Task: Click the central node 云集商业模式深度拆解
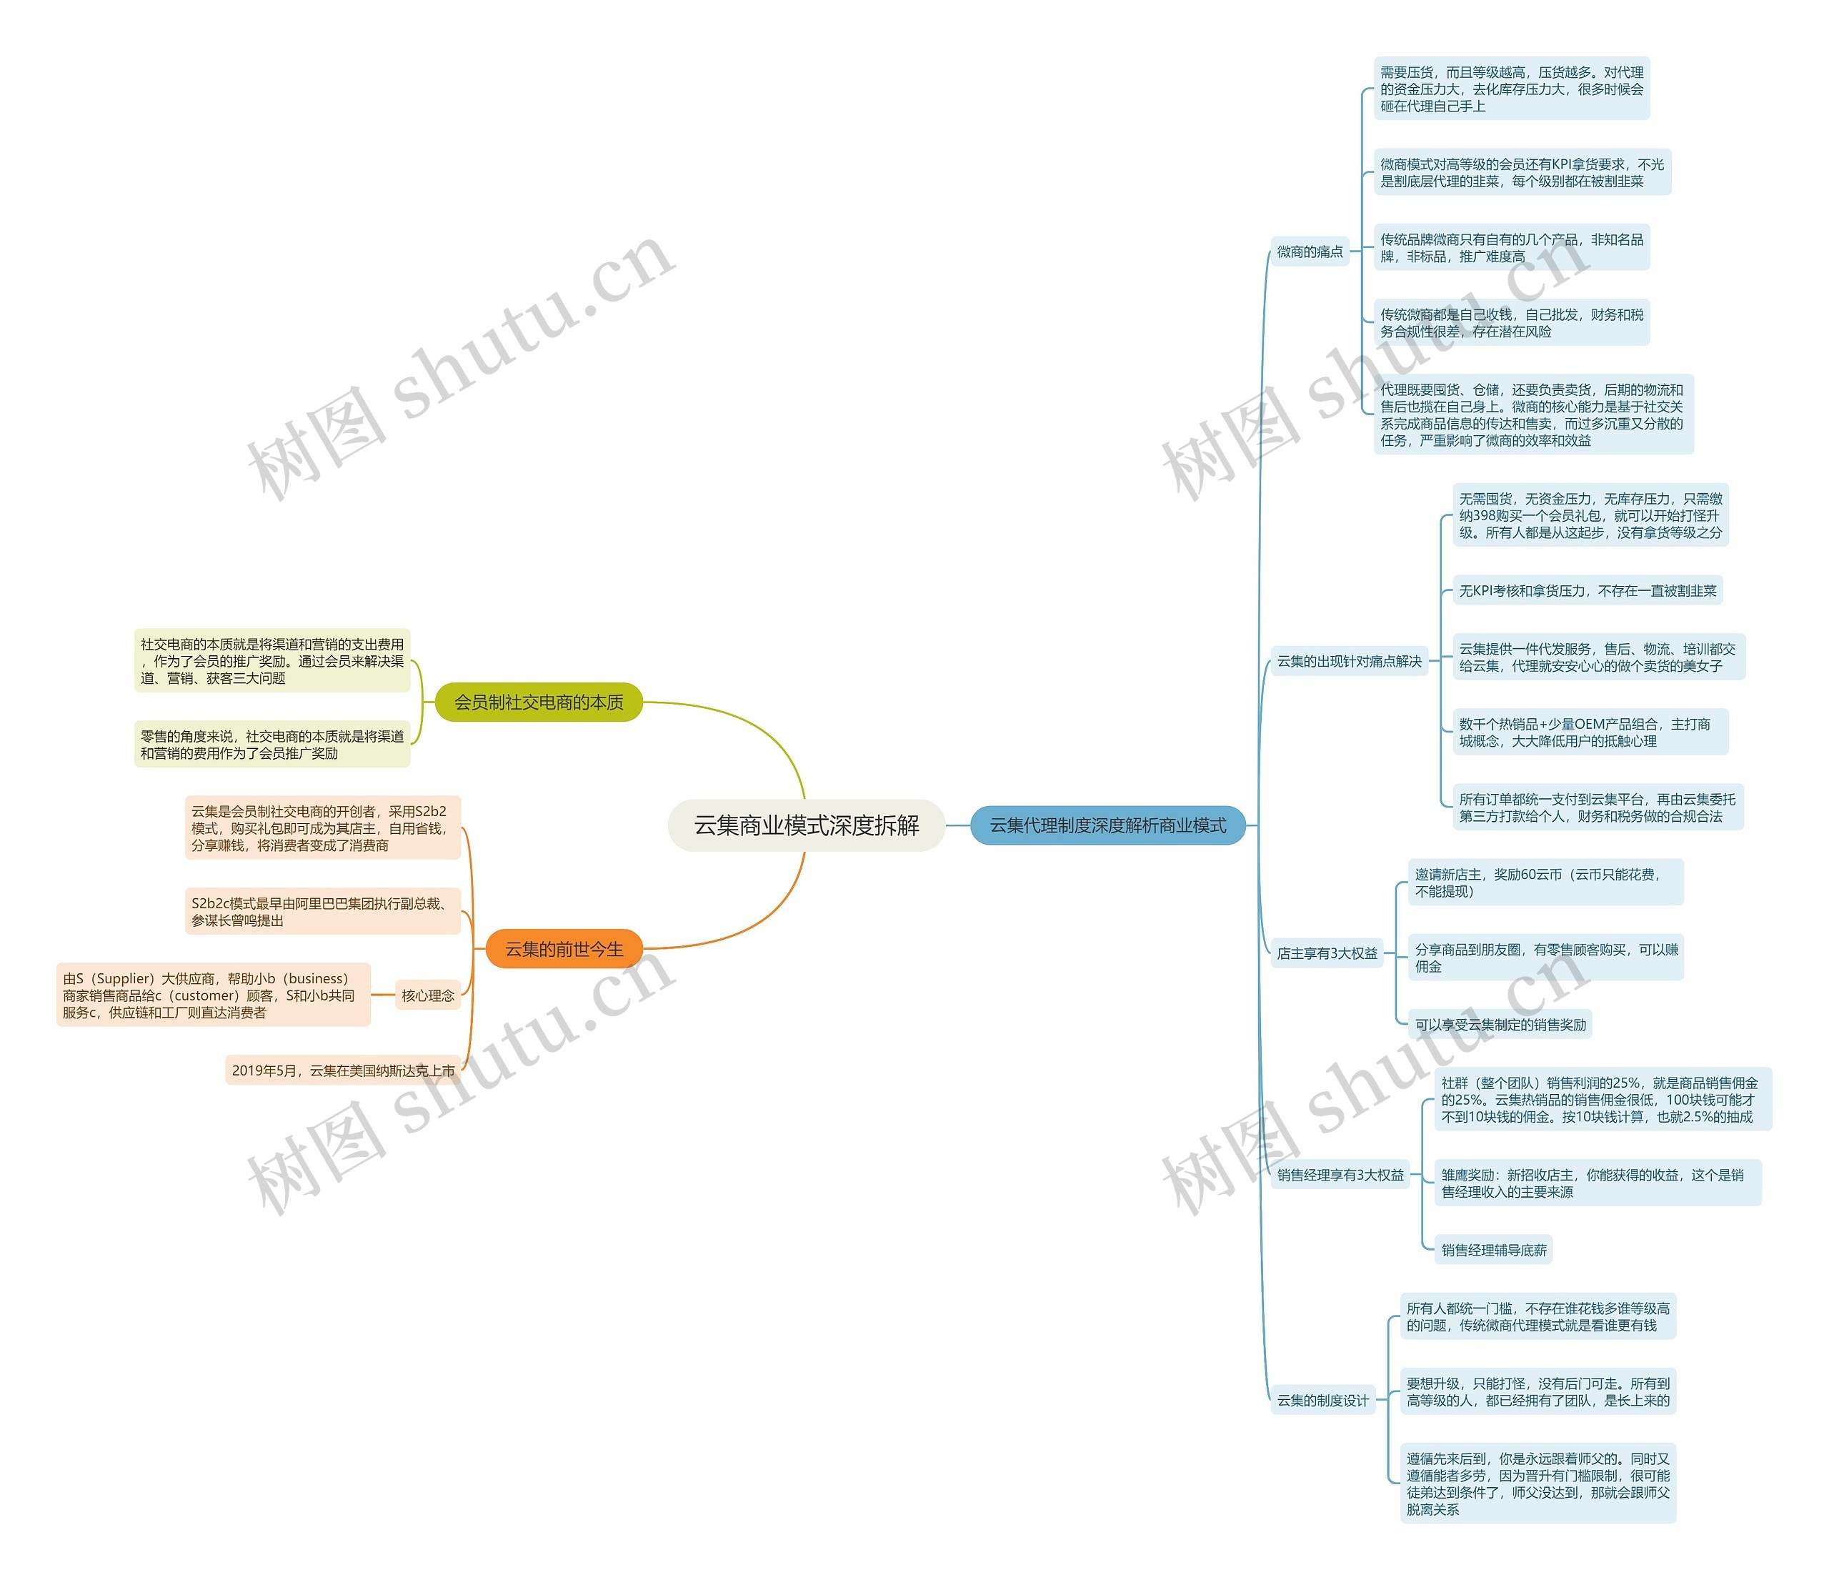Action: pos(806,825)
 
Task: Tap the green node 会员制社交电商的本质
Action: pos(539,702)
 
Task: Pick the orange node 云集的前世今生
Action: pos(563,949)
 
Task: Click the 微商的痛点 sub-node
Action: pos(1310,252)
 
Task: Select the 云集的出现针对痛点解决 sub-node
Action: pos(1349,661)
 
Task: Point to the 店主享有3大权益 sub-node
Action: pos(1327,953)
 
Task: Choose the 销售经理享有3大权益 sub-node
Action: pos(1340,1175)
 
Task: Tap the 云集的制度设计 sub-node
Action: pos(1322,1400)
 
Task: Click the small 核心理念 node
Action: pos(428,995)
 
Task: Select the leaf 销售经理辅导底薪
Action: pos(1494,1250)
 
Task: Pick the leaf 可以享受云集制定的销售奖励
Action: pos(1500,1025)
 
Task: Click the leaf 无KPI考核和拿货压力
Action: pos(1587,590)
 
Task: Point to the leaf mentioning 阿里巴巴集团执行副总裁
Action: pos(323,912)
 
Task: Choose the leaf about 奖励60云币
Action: pos(1545,883)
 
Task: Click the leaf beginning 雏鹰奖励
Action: pos(1597,1183)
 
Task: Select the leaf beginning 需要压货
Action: pos(1511,89)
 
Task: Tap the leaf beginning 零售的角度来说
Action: pos(272,745)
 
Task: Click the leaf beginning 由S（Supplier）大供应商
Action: pos(214,995)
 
